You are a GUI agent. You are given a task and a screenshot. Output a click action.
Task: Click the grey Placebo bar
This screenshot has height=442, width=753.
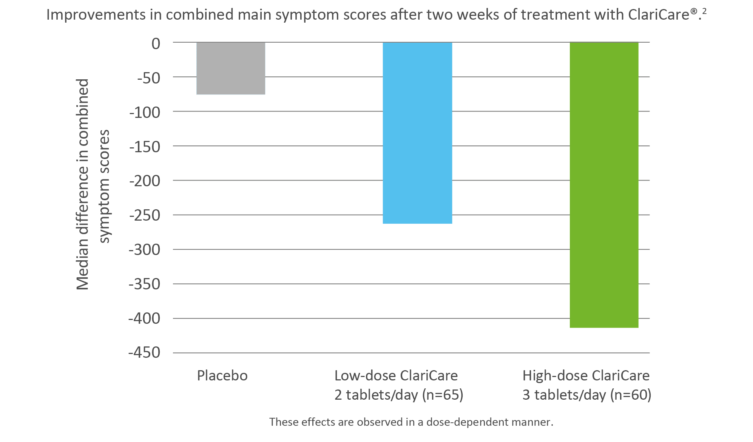click(x=231, y=68)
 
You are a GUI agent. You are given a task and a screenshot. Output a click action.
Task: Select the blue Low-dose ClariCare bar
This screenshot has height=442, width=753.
click(x=417, y=133)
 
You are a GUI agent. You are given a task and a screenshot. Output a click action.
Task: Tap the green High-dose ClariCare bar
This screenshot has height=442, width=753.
click(x=604, y=185)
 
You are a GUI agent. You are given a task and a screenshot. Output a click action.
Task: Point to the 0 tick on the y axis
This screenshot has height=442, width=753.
click(x=156, y=43)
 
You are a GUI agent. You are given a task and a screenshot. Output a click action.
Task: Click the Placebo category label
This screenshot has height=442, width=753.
click(x=222, y=376)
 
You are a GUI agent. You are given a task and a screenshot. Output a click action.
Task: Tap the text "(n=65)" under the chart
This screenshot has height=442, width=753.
click(x=442, y=395)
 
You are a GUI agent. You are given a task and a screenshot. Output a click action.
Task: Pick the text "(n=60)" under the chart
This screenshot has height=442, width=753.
click(x=630, y=395)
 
